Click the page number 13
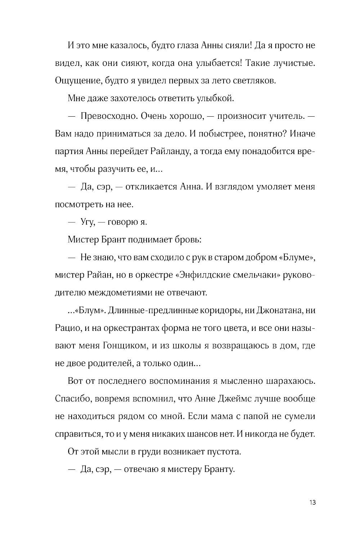[x=312, y=502]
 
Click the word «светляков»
[x=256, y=81]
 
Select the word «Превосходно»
[x=108, y=116]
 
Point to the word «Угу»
[x=87, y=222]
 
